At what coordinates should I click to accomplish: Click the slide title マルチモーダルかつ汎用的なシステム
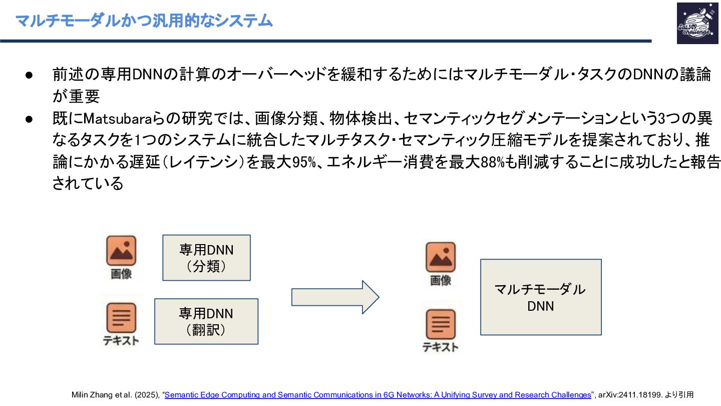[x=144, y=21]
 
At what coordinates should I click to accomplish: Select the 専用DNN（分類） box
[x=206, y=258]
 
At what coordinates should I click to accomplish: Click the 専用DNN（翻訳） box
[x=206, y=321]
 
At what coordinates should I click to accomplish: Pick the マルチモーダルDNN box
[x=541, y=297]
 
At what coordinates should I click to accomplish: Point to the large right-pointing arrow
[x=335, y=297]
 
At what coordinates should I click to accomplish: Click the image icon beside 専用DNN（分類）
[x=121, y=251]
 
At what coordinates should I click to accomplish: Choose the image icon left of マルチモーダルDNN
[x=441, y=257]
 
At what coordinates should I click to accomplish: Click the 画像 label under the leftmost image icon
[x=121, y=274]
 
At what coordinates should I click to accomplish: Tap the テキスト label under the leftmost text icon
[x=121, y=341]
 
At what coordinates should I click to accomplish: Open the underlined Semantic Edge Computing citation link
[x=378, y=395]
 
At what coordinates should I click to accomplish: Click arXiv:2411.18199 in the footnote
[x=629, y=395]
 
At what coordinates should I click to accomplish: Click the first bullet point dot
[x=29, y=75]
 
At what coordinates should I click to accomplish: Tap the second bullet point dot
[x=29, y=119]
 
